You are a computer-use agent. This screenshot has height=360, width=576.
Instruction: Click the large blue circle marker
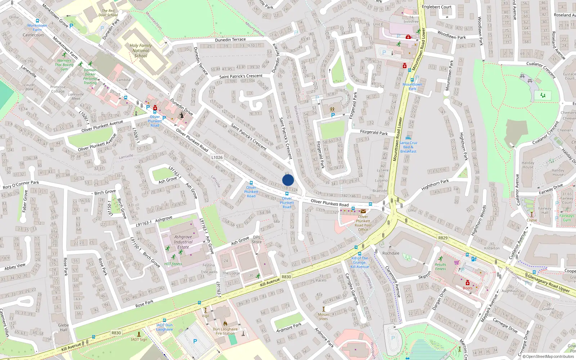point(288,180)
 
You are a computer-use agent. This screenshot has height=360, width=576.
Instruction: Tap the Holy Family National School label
point(141,51)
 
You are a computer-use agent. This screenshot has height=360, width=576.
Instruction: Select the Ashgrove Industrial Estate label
point(183,242)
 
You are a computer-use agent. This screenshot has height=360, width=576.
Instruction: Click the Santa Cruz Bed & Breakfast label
point(408,147)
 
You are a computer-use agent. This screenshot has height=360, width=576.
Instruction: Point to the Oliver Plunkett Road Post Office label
point(363,223)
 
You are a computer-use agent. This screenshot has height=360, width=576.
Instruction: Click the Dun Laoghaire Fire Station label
point(225,331)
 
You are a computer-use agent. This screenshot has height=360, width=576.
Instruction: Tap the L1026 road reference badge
point(217,157)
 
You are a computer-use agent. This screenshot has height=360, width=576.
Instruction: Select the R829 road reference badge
point(443,238)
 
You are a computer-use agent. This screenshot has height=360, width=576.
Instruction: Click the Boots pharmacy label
point(468,288)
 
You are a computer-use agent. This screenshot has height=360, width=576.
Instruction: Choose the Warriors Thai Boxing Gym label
point(64,65)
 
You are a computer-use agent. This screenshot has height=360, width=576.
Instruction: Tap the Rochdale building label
point(391,253)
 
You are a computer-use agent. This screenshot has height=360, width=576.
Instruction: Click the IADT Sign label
point(139,339)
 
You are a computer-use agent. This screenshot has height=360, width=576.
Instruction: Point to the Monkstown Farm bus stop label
point(37,27)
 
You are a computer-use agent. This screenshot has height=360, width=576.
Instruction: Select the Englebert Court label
point(436,7)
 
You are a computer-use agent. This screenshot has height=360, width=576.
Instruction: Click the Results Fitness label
point(440,267)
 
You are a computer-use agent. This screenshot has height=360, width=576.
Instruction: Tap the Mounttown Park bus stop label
point(412,86)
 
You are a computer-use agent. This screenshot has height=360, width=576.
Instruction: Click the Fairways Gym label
point(567,218)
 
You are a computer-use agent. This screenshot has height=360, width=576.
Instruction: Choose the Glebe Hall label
point(63,327)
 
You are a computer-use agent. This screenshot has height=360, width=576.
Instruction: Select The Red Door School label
point(108,13)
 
